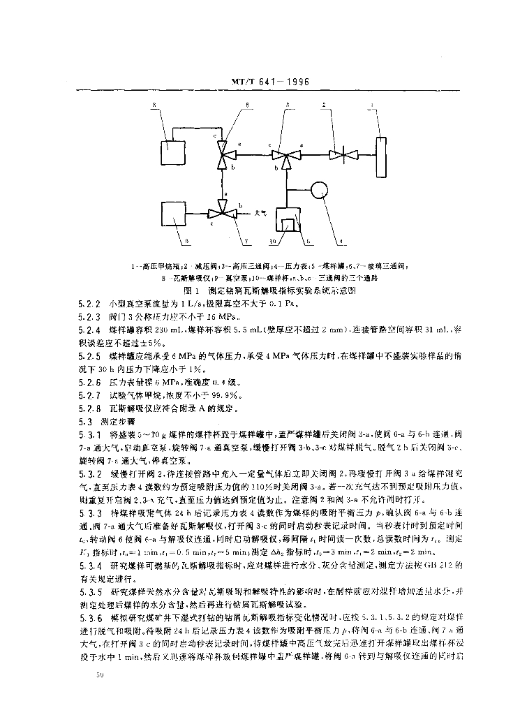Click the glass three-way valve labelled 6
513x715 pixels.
(223, 154)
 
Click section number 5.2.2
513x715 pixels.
(89, 304)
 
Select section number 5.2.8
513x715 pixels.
(89, 408)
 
